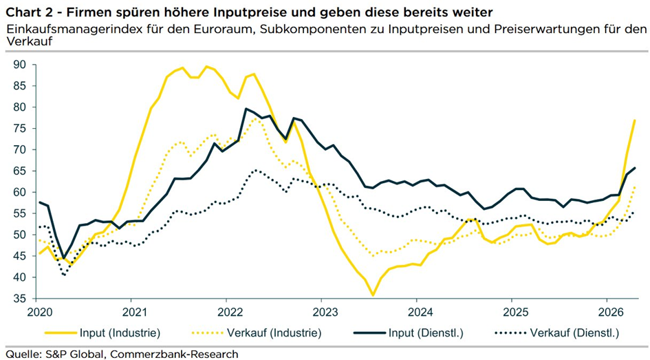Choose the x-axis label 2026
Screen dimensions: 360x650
pos(607,313)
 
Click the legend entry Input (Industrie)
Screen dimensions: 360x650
pos(120,333)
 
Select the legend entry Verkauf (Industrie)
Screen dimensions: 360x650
pos(280,333)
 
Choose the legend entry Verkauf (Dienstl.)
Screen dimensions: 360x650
pos(575,333)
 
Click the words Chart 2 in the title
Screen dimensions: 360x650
pos(28,12)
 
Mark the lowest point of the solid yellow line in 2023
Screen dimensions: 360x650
pos(373,295)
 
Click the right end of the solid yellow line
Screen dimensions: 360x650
pos(635,120)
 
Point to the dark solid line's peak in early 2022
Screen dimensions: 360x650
pos(246,109)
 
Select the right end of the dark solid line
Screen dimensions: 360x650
pos(635,168)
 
